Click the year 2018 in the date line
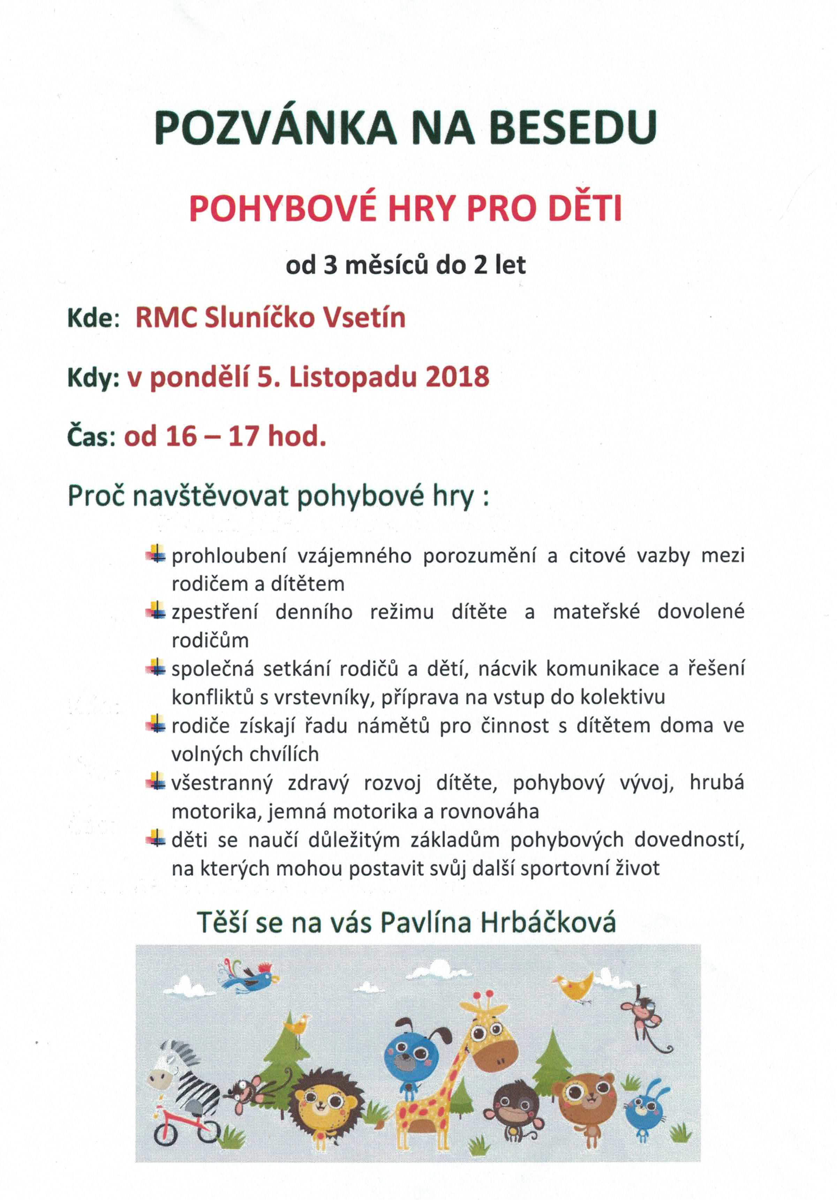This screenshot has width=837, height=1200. point(458,377)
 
